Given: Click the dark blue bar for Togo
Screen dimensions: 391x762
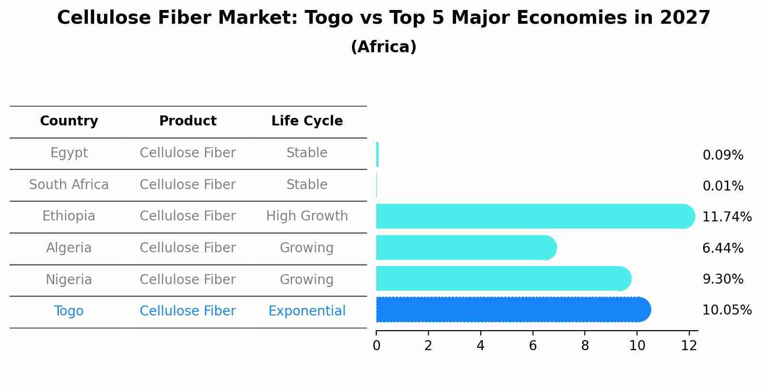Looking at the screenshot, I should (x=513, y=310).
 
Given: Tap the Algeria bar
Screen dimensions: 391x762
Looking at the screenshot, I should (x=466, y=248).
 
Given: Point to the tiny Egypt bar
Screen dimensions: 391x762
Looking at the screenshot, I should (x=377, y=154).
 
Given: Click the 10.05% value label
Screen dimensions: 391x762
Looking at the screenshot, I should (x=726, y=310).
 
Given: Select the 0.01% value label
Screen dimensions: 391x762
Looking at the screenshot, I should (x=723, y=186).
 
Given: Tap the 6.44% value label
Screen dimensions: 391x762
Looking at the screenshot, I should (x=723, y=248).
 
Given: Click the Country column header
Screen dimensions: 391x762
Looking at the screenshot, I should (x=69, y=121).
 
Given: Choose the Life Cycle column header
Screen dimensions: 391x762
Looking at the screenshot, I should (x=307, y=121).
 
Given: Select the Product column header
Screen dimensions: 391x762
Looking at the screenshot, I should (x=188, y=121).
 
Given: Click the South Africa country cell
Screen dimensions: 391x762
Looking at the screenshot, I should (x=69, y=185).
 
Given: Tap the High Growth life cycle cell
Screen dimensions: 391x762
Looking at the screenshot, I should (x=307, y=216).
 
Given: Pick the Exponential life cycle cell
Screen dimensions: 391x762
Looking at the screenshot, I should (x=307, y=311).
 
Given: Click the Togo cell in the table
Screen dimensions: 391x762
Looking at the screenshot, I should (x=69, y=311).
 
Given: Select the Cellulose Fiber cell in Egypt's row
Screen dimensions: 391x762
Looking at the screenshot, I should (x=188, y=153).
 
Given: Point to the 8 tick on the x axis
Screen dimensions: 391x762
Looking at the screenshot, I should (x=585, y=346).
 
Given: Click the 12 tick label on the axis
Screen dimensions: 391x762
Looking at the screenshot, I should (x=689, y=346).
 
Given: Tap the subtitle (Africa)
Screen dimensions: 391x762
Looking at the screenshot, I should (x=383, y=47).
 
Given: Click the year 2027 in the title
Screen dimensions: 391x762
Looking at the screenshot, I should (x=685, y=18).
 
